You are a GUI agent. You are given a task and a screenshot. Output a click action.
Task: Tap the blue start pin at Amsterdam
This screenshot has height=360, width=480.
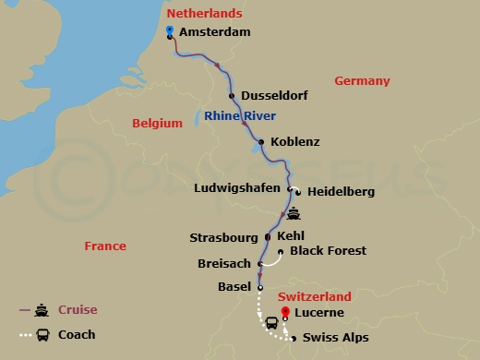coord(170,31)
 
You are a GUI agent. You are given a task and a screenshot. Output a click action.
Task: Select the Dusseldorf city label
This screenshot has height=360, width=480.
coord(274,96)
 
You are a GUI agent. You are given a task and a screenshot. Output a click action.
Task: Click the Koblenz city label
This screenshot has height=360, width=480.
coord(295,142)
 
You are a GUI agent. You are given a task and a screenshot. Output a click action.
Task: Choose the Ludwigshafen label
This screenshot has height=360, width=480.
coord(238,191)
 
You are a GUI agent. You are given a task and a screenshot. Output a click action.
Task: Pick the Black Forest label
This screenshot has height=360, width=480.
coord(328,251)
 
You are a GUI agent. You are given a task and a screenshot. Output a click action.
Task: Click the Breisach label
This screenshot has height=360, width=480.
coord(224,264)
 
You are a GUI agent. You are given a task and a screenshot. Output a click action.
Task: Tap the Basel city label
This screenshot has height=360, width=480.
coord(234,287)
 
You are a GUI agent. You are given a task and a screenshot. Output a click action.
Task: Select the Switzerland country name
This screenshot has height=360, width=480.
coord(314,297)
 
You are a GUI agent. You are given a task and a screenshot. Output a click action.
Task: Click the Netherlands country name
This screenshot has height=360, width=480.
coord(204,14)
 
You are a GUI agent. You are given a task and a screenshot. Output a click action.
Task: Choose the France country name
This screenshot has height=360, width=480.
coord(105,246)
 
